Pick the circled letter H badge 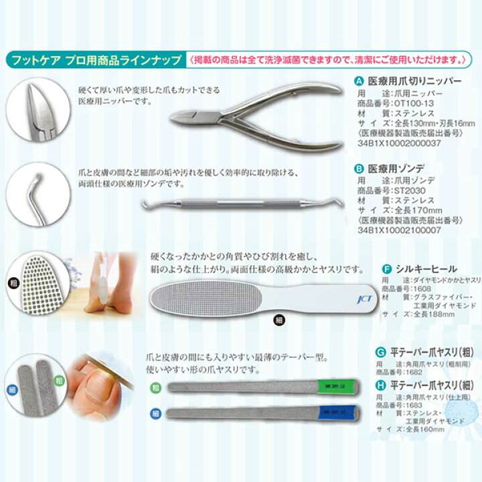(380, 384)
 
